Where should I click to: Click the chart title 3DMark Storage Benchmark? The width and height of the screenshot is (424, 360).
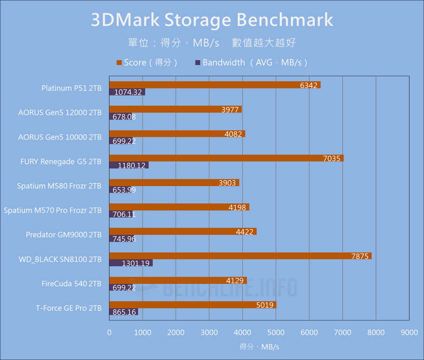(x=212, y=20)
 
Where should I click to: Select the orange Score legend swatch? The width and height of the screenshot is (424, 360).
(x=119, y=63)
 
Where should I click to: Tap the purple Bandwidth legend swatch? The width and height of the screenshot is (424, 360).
(x=197, y=63)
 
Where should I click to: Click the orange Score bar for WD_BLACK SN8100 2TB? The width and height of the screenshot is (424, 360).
(x=240, y=256)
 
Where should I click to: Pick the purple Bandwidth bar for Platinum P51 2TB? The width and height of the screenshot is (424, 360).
(x=127, y=92)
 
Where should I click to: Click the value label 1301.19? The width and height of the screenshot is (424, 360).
(x=136, y=263)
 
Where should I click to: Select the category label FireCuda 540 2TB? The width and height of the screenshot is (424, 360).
(x=72, y=284)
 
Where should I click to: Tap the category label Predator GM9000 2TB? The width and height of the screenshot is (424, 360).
(x=64, y=235)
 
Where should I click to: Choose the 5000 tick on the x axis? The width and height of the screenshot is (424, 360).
(x=276, y=332)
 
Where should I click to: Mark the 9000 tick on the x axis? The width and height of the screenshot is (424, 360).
(x=409, y=332)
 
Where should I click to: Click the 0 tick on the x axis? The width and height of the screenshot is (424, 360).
(x=109, y=332)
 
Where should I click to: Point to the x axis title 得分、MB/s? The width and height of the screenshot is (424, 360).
(x=259, y=346)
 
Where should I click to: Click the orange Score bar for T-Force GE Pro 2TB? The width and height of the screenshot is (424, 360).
(x=193, y=305)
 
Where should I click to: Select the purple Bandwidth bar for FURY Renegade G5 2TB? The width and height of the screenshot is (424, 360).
(x=129, y=165)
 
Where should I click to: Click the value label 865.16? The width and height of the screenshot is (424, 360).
(x=125, y=312)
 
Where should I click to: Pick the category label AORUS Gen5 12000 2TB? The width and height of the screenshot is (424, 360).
(x=60, y=113)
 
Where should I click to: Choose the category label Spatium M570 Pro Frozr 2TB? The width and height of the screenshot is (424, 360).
(x=53, y=210)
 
